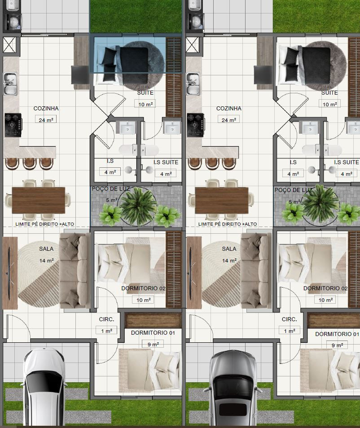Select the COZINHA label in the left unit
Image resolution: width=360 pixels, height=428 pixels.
click(46, 109)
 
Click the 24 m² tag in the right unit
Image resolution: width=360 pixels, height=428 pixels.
click(228, 120)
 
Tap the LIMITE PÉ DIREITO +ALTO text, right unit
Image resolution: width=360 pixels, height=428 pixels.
click(228, 224)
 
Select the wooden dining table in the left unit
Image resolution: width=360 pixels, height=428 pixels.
click(39, 200)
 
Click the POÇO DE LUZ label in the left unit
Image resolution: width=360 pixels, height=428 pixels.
click(110, 189)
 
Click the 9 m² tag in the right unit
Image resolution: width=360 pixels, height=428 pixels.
click(337, 345)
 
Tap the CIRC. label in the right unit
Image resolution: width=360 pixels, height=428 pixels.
click(290, 319)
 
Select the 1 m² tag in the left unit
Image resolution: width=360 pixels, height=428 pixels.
click(106, 331)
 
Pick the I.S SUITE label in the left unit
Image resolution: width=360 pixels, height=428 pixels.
click(166, 162)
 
